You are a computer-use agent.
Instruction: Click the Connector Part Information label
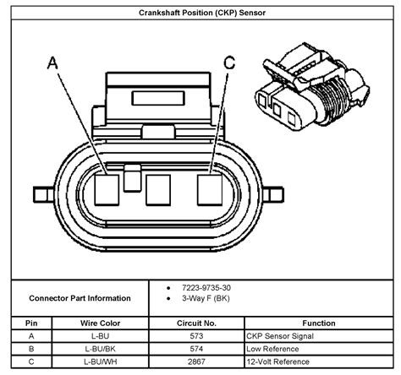point(80,298)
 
